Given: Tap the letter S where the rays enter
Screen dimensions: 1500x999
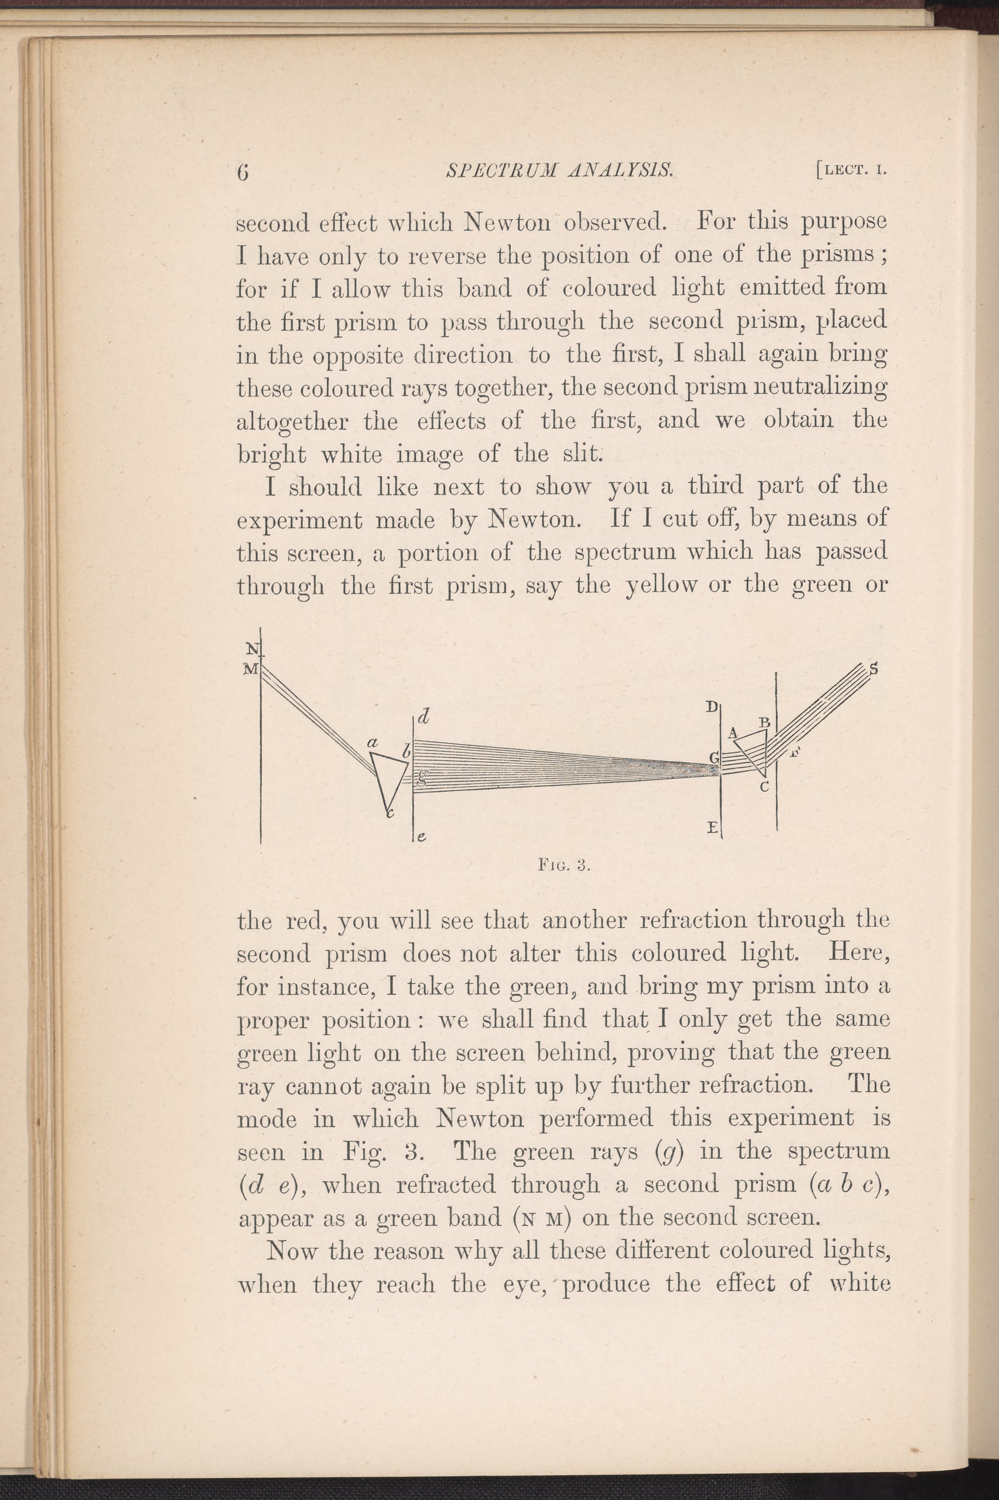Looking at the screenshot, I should [x=874, y=669].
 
